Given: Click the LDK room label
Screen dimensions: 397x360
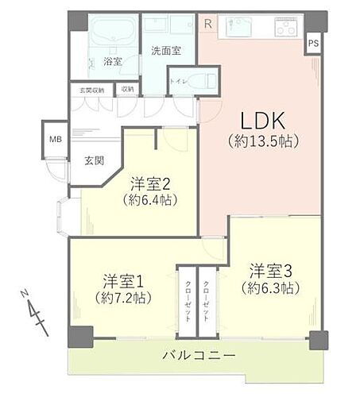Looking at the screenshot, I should coord(259,123).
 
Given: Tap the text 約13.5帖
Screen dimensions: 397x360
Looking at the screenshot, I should coord(259,144).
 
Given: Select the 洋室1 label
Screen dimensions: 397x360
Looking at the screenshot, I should coord(122,280).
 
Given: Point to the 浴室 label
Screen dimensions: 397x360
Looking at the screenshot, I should coord(112,61).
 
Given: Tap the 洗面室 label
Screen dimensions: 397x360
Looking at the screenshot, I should coord(165,51).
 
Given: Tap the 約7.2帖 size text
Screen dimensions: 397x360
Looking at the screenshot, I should coord(122,299).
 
